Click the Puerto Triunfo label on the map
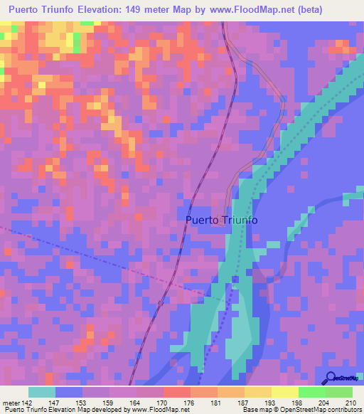click(221, 220)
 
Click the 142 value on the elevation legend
click(27, 403)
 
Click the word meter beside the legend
click(11, 403)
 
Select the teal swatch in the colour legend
click(42, 392)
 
